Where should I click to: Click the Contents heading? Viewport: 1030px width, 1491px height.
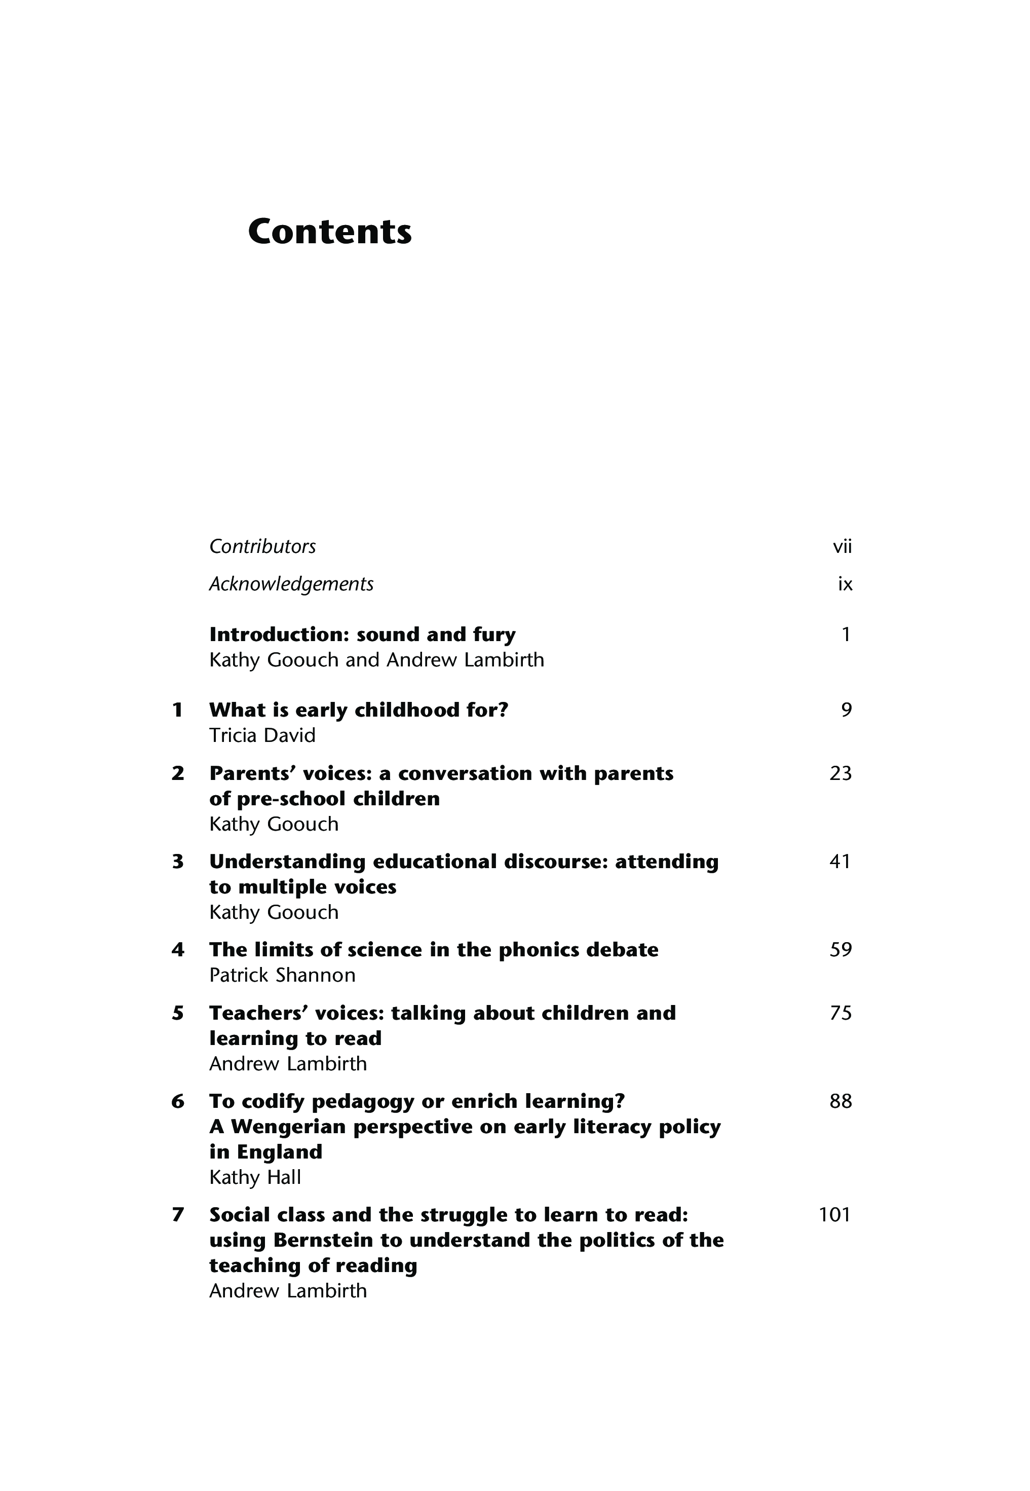(329, 232)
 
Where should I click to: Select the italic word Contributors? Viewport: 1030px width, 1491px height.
(262, 547)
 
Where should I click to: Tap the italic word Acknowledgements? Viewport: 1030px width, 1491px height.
(291, 584)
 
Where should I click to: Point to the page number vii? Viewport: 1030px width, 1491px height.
(842, 547)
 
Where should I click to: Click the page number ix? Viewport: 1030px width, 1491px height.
(845, 585)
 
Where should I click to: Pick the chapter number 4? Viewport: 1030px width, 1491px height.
(177, 950)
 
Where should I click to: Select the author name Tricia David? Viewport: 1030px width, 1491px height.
(262, 735)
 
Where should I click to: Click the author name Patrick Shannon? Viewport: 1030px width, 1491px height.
(282, 975)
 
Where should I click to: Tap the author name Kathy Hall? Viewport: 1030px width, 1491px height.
(255, 1177)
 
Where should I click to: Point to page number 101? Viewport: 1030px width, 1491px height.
(834, 1215)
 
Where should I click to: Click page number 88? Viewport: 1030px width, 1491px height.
(840, 1101)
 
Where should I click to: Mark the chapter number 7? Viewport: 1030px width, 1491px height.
(177, 1215)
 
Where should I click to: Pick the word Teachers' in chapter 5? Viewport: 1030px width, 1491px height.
(255, 1014)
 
